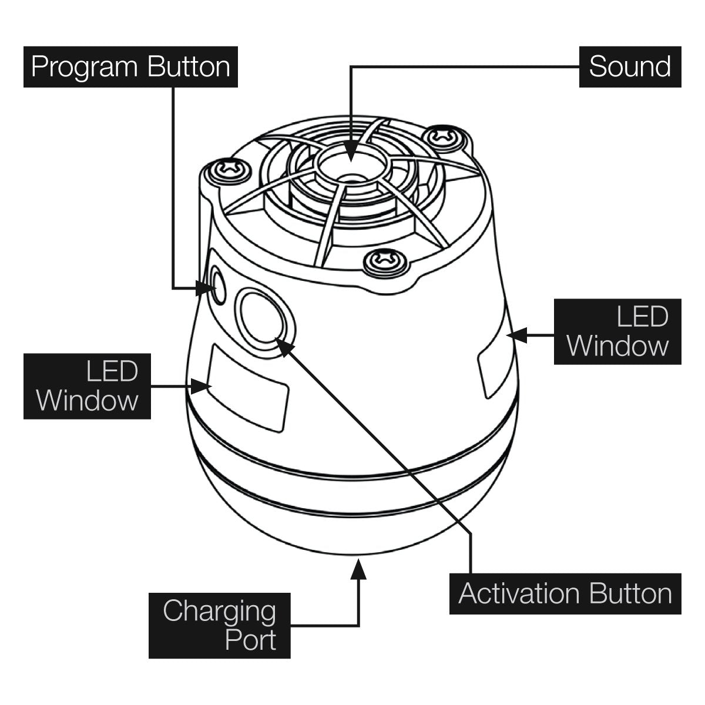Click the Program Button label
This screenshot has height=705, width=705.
pos(130,67)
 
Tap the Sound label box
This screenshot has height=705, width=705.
pos(630,67)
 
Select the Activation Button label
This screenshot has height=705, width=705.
pos(565,594)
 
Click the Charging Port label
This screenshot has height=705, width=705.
pos(219,625)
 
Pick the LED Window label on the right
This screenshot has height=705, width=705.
pos(617,331)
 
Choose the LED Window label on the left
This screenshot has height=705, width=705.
pos(87,386)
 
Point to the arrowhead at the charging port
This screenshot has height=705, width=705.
pos(359,569)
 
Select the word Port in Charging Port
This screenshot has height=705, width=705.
pos(250,639)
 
